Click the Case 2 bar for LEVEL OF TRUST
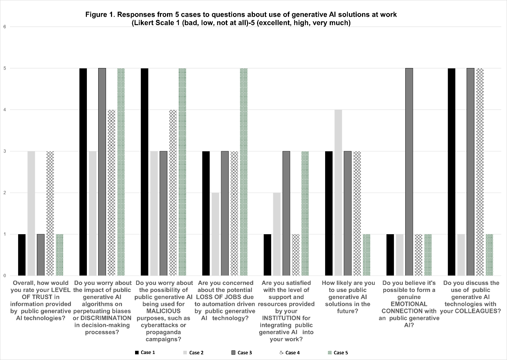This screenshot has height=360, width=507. coord(31,213)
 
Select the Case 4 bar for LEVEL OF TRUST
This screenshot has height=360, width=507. coord(50,213)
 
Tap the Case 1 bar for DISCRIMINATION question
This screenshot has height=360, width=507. coord(83,172)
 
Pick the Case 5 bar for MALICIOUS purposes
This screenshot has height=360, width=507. coord(182,172)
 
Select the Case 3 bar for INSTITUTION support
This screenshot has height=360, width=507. coord(286,213)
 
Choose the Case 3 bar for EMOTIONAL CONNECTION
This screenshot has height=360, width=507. coord(409,172)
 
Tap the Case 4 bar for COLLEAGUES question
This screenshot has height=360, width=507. coord(480,172)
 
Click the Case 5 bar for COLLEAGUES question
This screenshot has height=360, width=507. coord(489,255)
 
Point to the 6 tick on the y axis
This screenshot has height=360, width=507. coord(5,27)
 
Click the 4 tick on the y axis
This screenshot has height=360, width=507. coord(5,110)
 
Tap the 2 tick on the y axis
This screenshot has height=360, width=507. coord(5,193)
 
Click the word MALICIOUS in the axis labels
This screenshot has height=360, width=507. coord(164,311)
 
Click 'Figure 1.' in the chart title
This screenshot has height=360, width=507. coord(100,15)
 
